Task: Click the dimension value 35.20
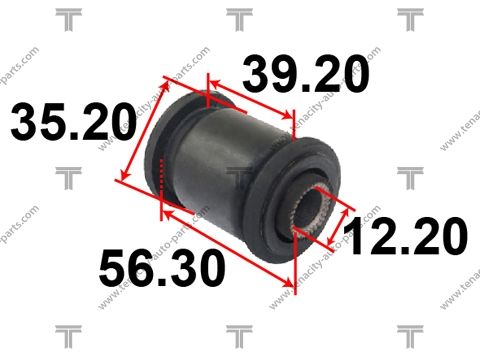73,122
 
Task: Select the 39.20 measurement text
306,74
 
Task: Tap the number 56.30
162,268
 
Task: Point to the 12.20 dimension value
405,236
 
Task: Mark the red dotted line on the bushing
162,174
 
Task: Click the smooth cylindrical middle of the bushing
218,163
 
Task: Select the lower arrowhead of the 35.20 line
124,174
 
